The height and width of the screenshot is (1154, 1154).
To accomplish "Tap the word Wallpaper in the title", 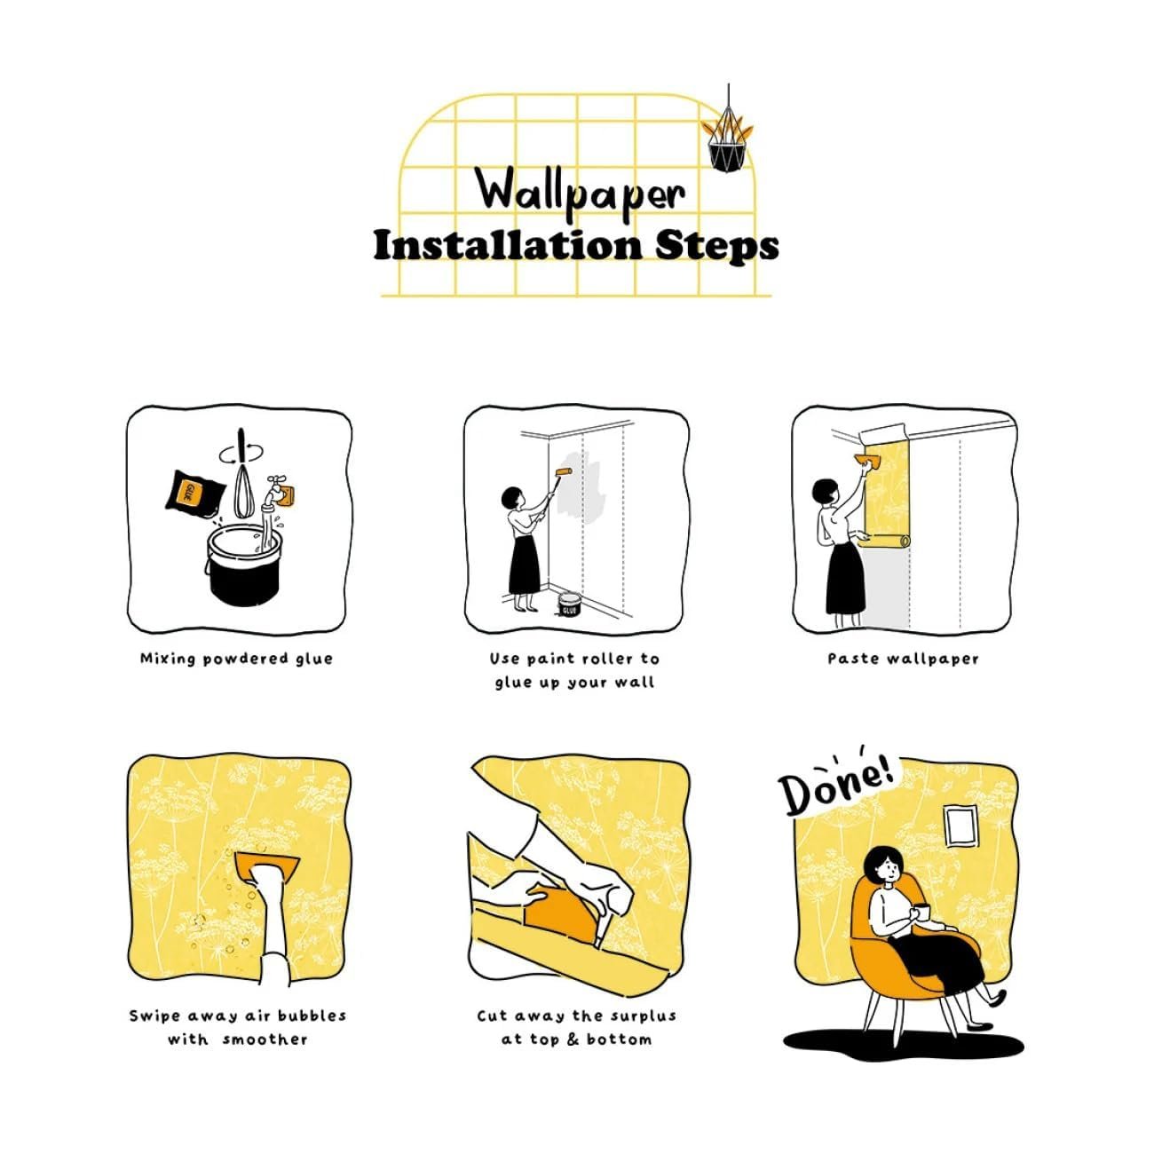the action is (x=581, y=191).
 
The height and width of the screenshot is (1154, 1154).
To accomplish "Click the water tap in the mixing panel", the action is (x=276, y=491).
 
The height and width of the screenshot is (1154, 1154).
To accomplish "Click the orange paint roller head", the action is (x=563, y=472).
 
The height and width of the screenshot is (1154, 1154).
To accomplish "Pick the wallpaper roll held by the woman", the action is (x=885, y=541).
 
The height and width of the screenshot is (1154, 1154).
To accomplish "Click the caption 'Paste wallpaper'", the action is (x=903, y=659).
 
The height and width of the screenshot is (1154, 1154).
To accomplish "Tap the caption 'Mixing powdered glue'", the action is (x=236, y=659).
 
